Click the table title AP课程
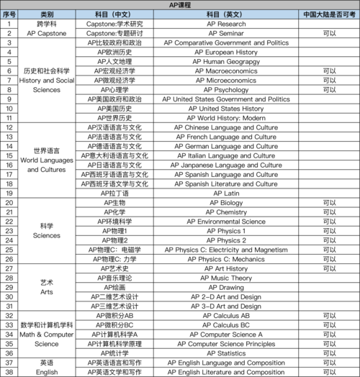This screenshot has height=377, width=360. coord(180,4)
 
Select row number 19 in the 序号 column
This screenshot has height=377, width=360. coord(9,193)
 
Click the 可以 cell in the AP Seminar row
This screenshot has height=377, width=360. coord(330,33)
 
